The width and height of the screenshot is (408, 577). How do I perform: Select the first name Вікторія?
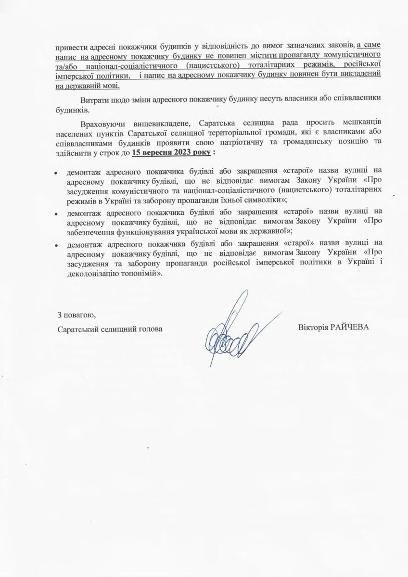pyautogui.click(x=313, y=327)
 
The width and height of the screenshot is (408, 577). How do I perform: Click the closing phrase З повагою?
pyautogui.click(x=76, y=315)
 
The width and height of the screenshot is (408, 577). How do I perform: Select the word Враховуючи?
pyautogui.click(x=102, y=121)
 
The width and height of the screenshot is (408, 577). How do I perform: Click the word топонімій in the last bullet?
pyautogui.click(x=145, y=274)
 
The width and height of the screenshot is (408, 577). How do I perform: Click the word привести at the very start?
pyautogui.click(x=68, y=47)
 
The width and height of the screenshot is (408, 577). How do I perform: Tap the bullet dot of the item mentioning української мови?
pyautogui.click(x=56, y=213)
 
